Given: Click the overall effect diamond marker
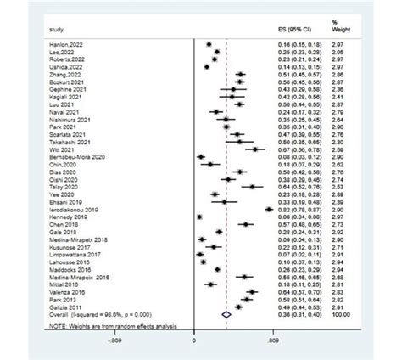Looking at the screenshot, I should [x=226, y=315].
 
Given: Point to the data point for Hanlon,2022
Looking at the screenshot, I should [x=209, y=42].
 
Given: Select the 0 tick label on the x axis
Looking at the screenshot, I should [x=194, y=340].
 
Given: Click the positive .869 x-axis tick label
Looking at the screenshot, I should [x=271, y=340].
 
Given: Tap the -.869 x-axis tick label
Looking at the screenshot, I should [x=115, y=340].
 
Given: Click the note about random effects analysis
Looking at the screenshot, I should [x=110, y=327].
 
